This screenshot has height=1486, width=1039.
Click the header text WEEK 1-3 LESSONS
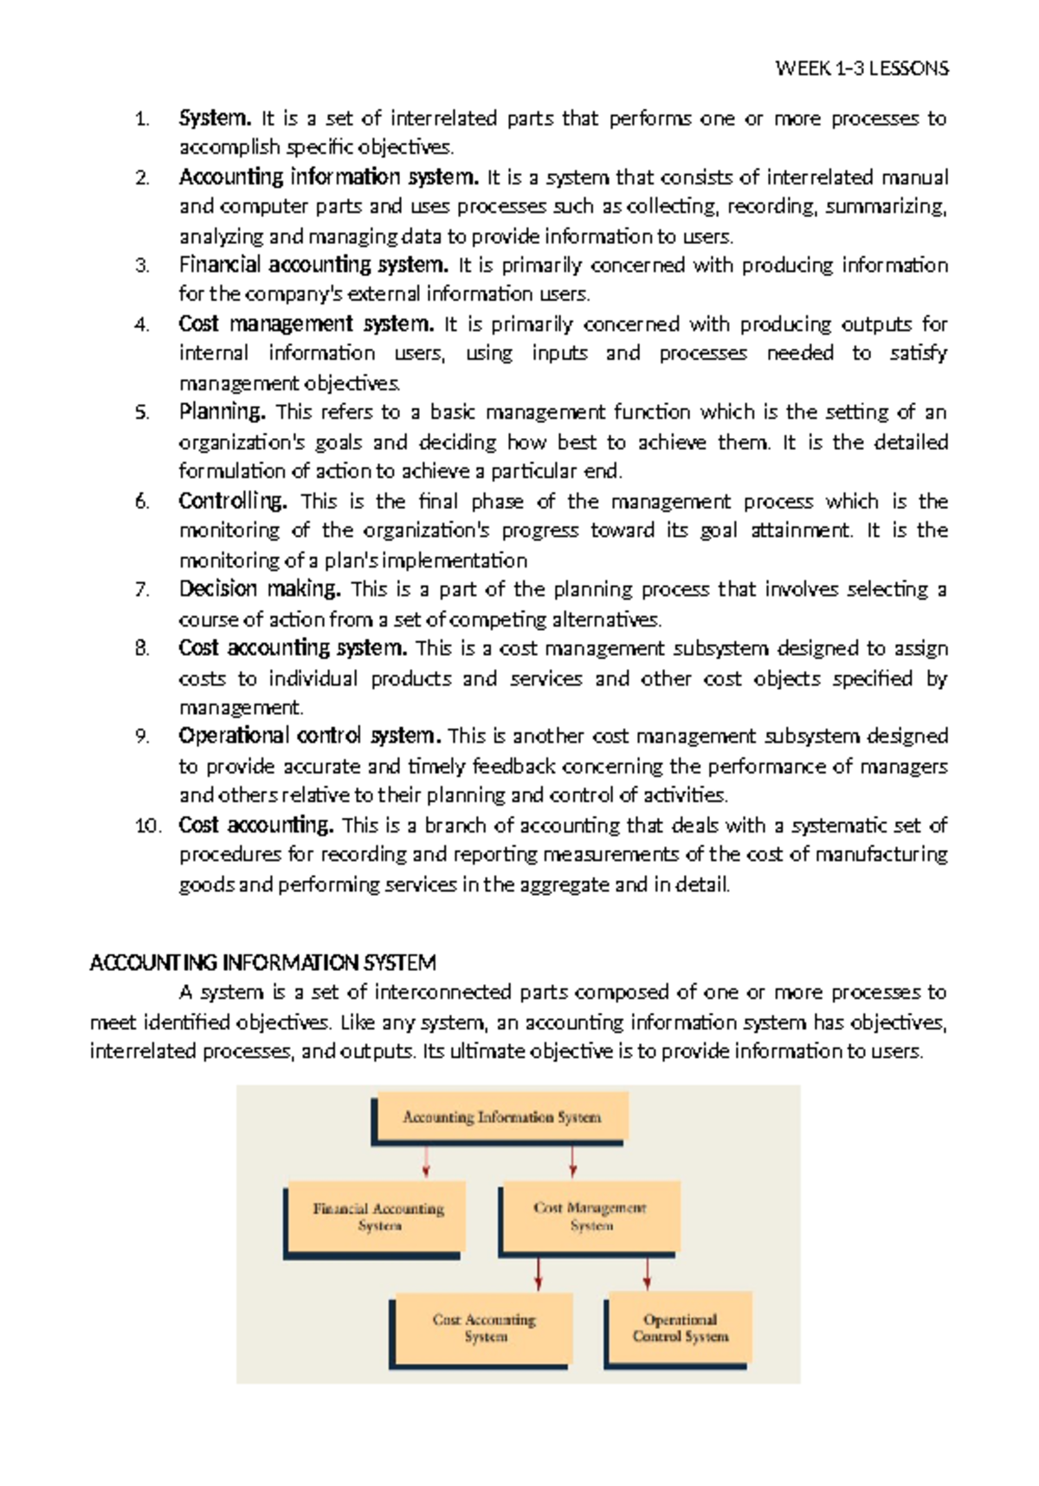click(862, 68)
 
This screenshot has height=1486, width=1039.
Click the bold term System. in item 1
click(215, 118)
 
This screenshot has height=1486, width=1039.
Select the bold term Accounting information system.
click(328, 177)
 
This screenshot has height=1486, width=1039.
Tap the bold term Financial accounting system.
click(313, 265)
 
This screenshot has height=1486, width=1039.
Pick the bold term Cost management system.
click(306, 325)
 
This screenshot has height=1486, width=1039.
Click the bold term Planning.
click(222, 412)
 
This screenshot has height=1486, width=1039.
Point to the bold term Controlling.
click(233, 501)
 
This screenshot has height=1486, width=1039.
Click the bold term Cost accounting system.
click(293, 648)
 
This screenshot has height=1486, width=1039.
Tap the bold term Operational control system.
click(310, 737)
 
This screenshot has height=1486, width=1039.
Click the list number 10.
click(148, 826)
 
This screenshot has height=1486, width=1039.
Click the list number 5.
click(143, 413)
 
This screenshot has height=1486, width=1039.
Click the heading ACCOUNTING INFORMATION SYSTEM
click(263, 963)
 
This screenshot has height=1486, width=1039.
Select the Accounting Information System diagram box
click(501, 1117)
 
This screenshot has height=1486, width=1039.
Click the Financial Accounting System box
click(378, 1217)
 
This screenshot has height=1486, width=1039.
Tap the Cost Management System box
click(590, 1216)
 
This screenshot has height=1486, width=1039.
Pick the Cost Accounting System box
click(484, 1328)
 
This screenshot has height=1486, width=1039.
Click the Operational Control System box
click(680, 1328)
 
